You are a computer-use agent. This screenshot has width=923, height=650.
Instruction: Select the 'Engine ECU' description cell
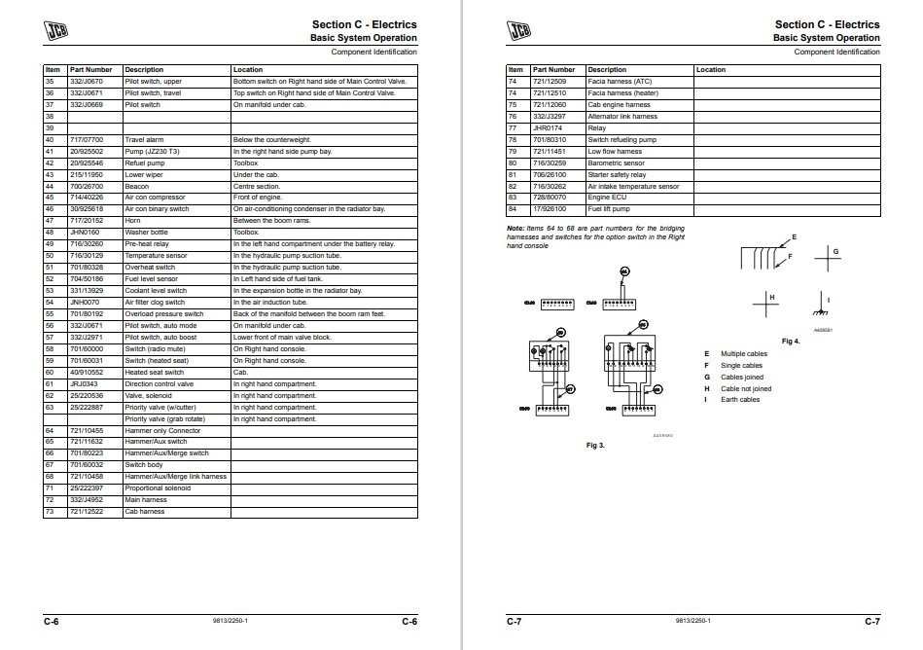click(607, 199)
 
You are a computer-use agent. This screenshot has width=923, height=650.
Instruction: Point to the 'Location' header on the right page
click(711, 70)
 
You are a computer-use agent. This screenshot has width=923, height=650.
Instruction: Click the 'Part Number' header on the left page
click(92, 70)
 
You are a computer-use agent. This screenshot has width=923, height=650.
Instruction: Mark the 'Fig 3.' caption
click(595, 445)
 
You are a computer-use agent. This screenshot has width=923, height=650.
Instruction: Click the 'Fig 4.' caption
click(791, 342)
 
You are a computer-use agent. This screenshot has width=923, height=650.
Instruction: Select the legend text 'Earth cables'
click(740, 399)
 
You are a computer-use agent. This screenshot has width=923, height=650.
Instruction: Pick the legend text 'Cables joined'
click(741, 376)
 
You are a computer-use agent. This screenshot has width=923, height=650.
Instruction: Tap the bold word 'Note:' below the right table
click(515, 228)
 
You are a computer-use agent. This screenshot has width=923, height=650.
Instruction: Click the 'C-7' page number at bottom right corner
click(872, 620)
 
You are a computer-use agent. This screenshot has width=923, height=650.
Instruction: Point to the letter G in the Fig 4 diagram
click(835, 252)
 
